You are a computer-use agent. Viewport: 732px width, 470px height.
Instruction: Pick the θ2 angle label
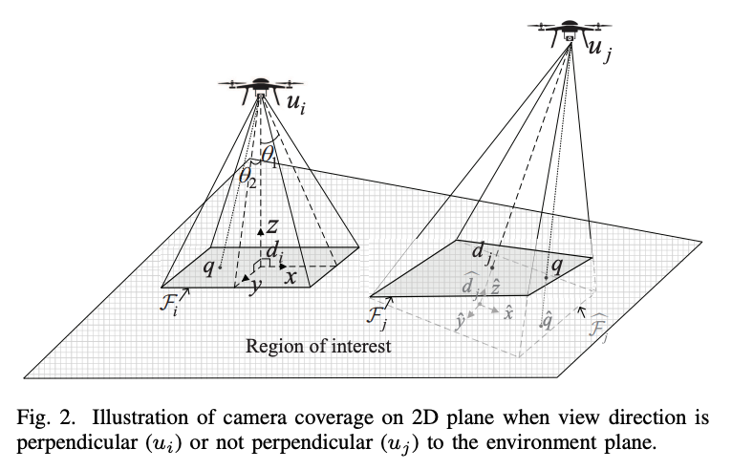point(248,176)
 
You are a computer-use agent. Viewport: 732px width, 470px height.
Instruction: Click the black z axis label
point(272,225)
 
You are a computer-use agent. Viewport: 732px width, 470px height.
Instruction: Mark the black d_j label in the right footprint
point(482,253)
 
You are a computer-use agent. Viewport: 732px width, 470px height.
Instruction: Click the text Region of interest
point(318,346)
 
